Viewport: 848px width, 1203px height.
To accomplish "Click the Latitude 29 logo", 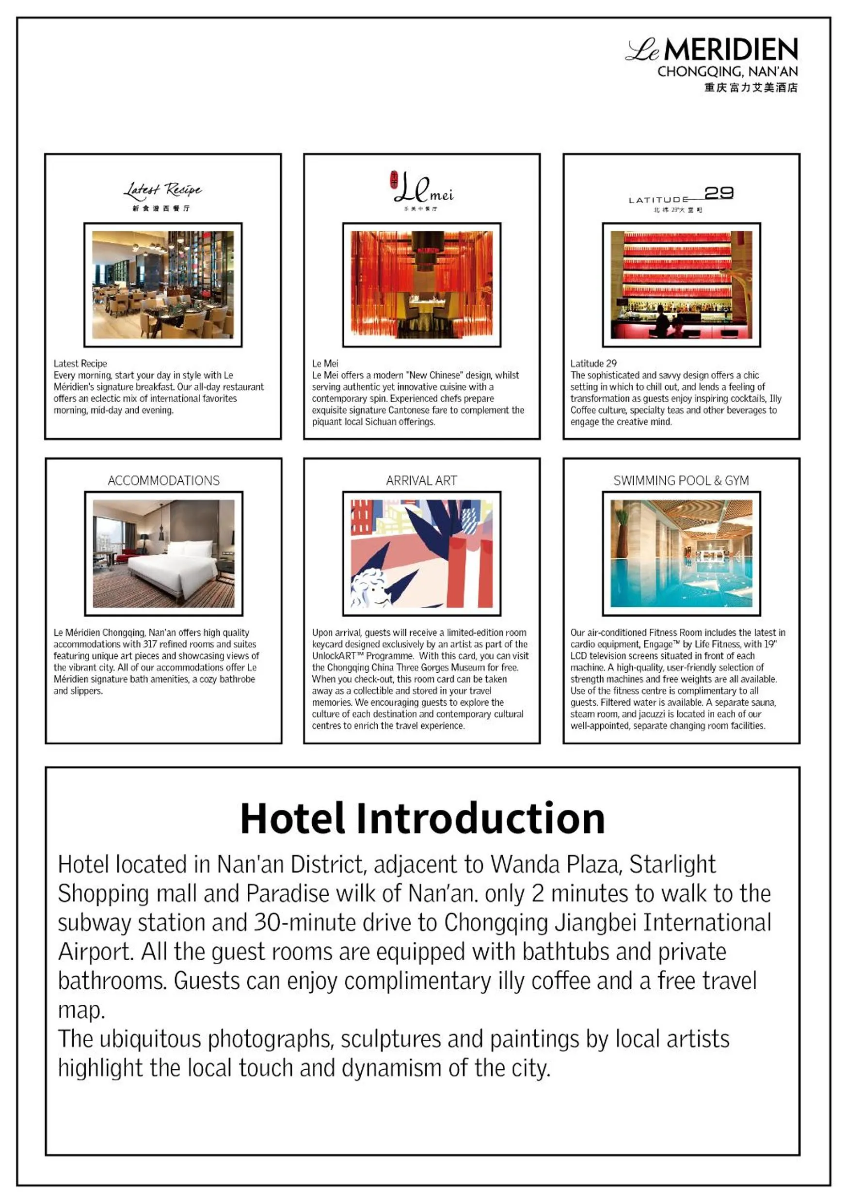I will pos(681,198).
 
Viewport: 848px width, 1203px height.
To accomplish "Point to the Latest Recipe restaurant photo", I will pos(163,285).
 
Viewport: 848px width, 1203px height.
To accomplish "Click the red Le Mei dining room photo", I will pos(422,285).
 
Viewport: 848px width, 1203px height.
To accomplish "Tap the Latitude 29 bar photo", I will pos(681,285).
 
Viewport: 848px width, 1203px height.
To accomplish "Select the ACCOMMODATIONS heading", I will pos(163,480).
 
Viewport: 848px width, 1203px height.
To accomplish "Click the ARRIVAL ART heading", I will pos(421,480).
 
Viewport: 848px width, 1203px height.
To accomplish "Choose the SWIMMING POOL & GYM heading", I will pos(681,480).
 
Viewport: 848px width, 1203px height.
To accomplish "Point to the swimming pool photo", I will pos(681,554).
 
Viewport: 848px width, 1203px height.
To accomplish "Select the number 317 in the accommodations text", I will pos(150,644).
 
